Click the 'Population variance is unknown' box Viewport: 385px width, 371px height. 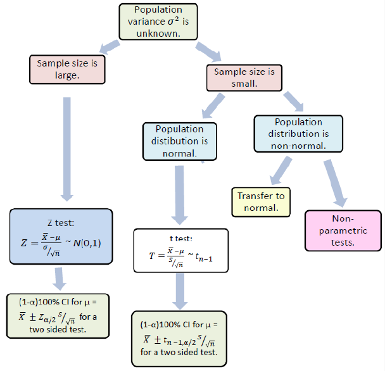tap(158, 22)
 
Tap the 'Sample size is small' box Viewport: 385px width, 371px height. tap(244, 77)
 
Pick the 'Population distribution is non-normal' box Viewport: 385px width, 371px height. tap(298, 133)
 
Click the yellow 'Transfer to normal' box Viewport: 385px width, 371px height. tap(261, 201)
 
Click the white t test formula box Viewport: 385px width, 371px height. tap(180, 251)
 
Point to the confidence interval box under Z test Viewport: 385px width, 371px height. tap(60, 314)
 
